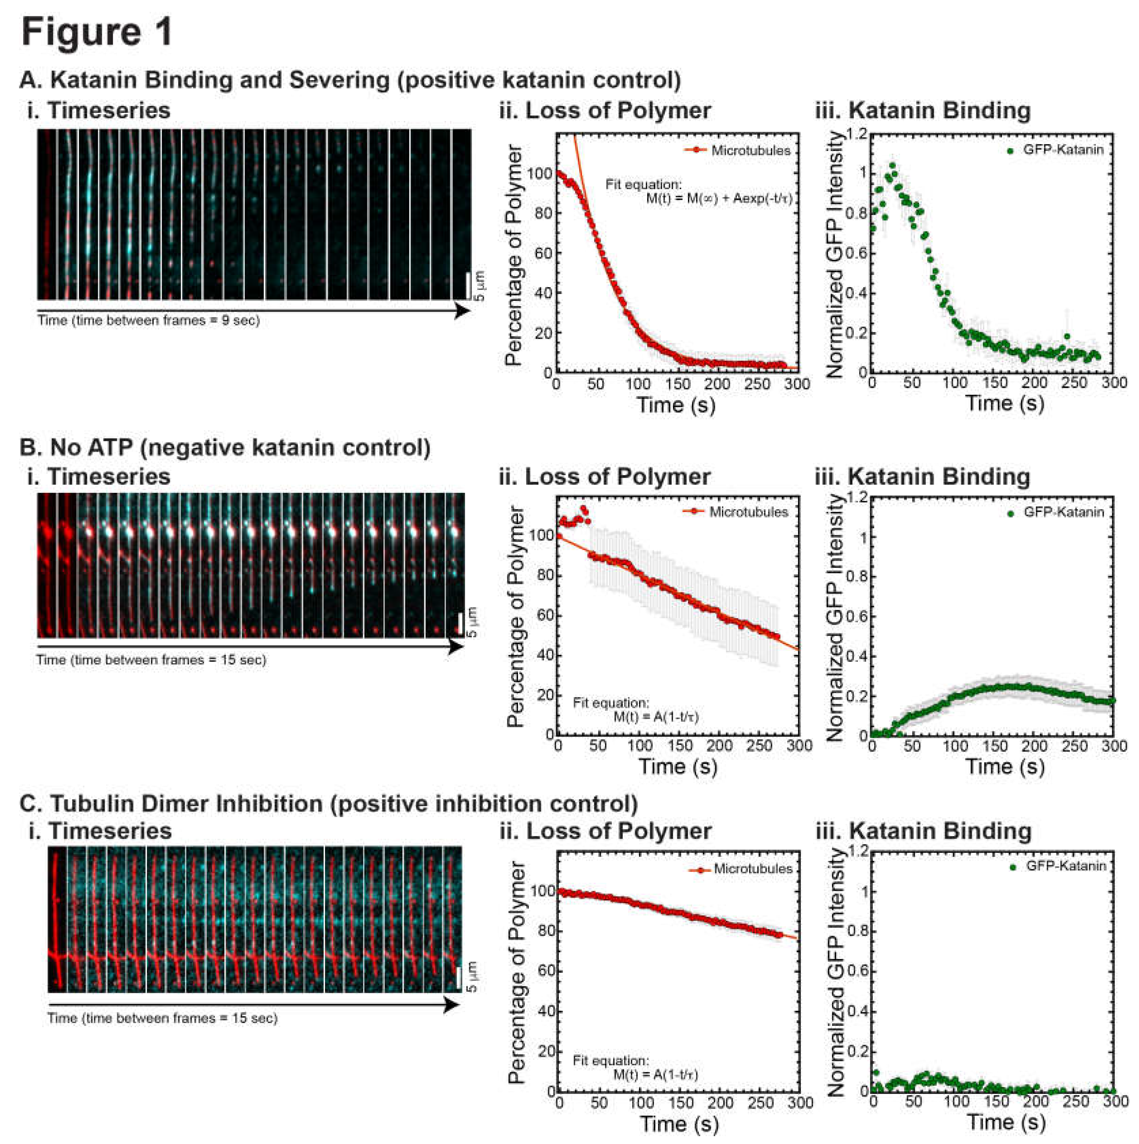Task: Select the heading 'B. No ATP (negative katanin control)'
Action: pyautogui.click(x=225, y=447)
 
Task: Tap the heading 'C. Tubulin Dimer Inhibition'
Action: pyautogui.click(x=329, y=803)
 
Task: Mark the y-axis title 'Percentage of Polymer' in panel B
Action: pyautogui.click(x=515, y=616)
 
